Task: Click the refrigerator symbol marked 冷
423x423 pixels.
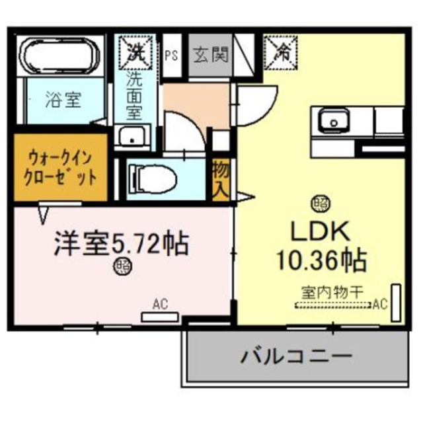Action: pos(282,51)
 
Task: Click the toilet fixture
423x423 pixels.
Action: pos(153,176)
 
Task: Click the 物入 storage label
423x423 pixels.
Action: pos(221,178)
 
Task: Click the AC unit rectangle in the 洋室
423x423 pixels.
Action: pos(159,317)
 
